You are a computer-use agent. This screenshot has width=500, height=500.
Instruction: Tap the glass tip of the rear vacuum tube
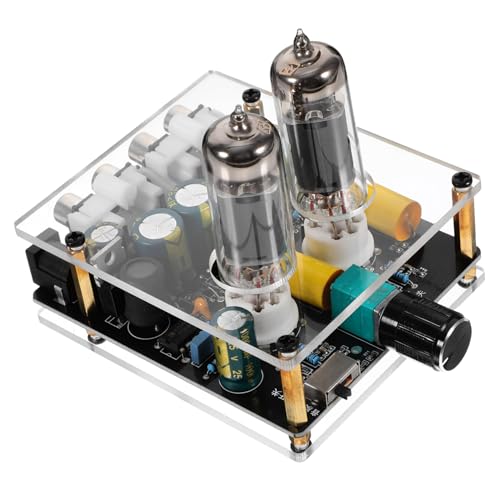(298, 41)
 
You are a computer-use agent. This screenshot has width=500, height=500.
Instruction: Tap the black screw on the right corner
(461, 180)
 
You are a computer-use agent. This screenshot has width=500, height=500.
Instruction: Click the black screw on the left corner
(75, 240)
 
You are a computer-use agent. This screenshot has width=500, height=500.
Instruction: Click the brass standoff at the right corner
(464, 230)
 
